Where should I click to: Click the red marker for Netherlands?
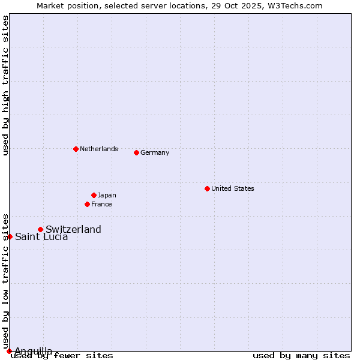tap(76, 149)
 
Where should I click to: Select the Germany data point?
tap(136, 152)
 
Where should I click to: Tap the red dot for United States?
tap(207, 188)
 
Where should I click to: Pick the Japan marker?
tap(94, 195)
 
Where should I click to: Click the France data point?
tap(87, 204)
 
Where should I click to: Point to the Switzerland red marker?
tap(40, 229)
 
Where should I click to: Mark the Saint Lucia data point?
tap(10, 236)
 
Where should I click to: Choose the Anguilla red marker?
tap(9, 351)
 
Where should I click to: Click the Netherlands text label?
tap(99, 149)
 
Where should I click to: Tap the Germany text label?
tap(155, 152)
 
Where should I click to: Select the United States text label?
tap(233, 188)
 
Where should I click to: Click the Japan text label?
tap(107, 195)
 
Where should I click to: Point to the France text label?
tap(101, 204)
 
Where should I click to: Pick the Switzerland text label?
tap(73, 229)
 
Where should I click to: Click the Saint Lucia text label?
tap(41, 236)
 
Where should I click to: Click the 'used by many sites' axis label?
tap(301, 356)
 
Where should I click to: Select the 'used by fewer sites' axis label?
tap(62, 356)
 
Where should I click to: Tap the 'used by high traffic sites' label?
tap(5, 85)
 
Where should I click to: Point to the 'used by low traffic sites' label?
tap(5, 281)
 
